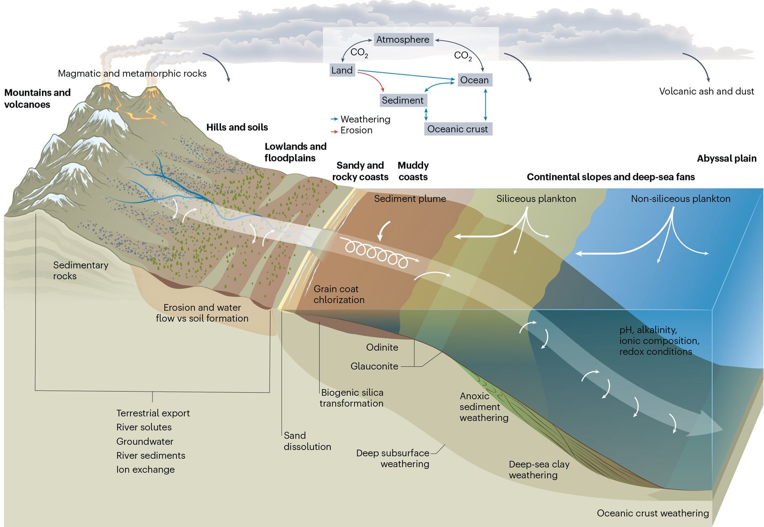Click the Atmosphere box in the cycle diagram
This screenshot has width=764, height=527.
coord(403,40)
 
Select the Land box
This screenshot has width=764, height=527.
coord(342,71)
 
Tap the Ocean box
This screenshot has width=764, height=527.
coord(474,80)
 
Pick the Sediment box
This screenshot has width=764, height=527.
coord(403,100)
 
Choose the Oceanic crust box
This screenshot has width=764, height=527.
coord(457,129)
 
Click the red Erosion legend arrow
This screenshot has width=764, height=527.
coord(334,131)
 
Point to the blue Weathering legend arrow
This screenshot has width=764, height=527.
coord(334,119)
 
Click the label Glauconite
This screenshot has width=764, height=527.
coord(374,366)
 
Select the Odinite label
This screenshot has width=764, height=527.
coord(382,347)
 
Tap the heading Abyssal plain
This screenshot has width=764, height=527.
coord(726,159)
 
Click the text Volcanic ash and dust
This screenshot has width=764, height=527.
coord(706,91)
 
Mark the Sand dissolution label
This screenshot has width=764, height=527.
coord(307,441)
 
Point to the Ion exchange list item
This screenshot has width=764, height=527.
coord(145,470)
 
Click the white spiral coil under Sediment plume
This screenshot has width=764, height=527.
coord(377,253)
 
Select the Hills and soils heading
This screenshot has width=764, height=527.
coord(237,128)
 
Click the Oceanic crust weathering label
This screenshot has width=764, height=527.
coord(652,513)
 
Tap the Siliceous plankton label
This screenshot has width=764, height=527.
coord(536,199)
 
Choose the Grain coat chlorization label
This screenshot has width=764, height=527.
coord(339,294)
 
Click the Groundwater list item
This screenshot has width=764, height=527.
coord(145,441)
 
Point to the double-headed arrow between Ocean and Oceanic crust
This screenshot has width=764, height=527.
coord(486,105)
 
